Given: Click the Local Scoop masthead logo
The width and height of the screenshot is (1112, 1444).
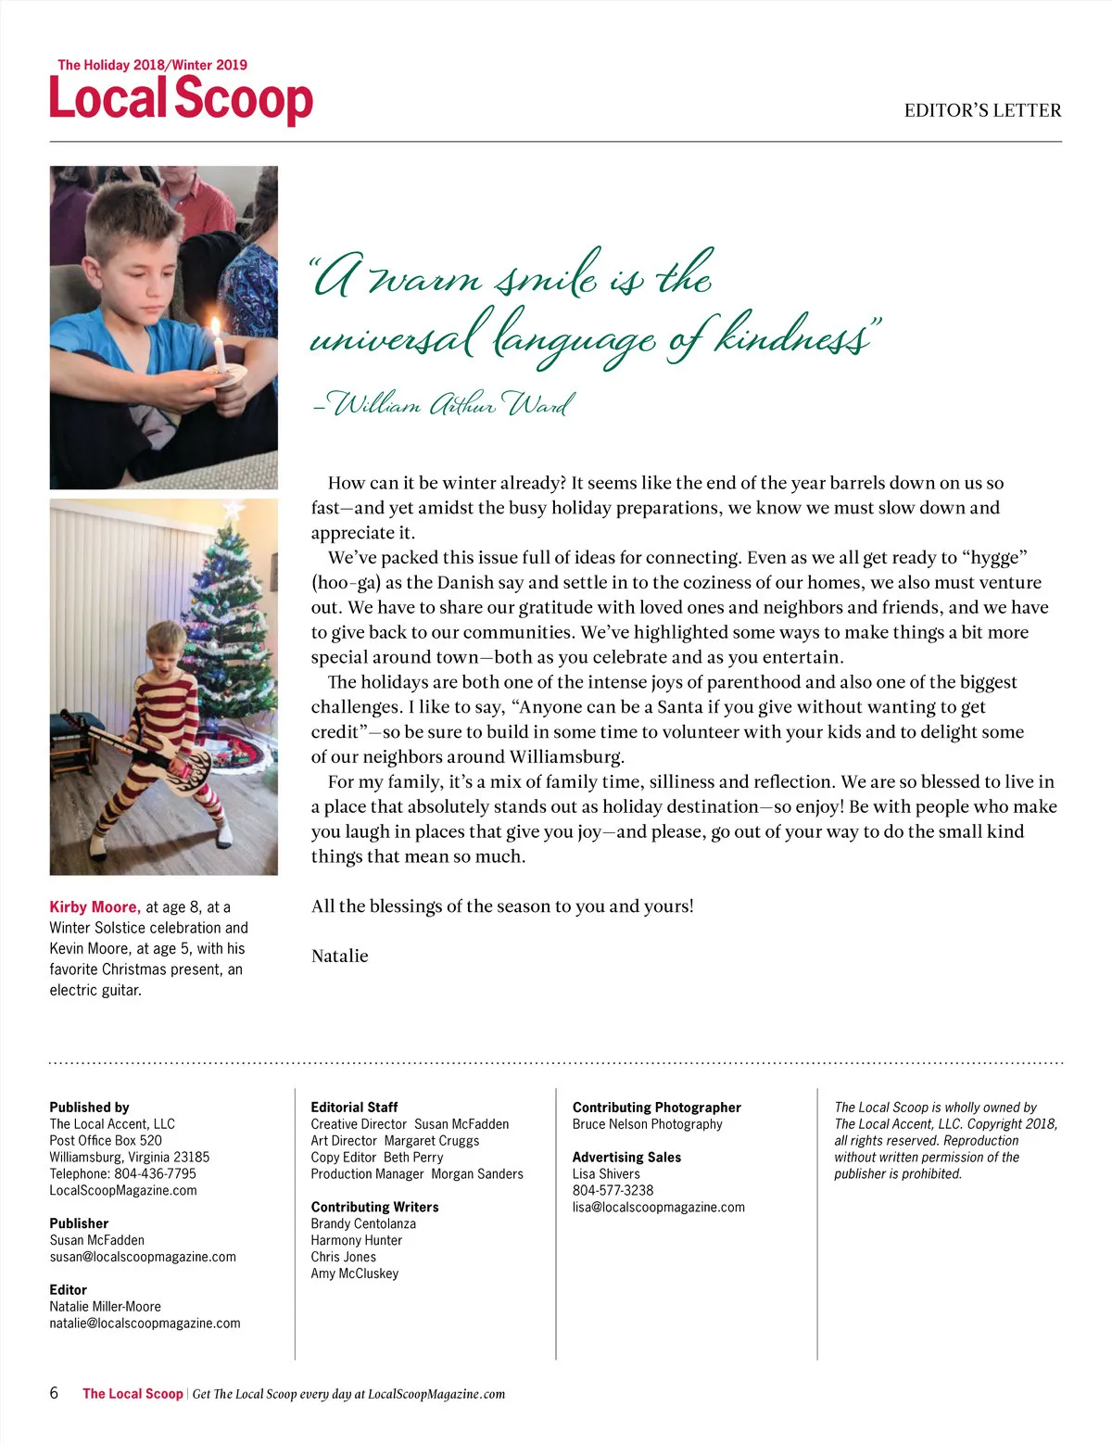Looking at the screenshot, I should (181, 98).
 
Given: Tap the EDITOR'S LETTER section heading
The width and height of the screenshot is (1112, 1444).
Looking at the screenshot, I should (982, 110).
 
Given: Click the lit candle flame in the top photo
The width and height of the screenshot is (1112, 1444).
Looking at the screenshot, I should (215, 329).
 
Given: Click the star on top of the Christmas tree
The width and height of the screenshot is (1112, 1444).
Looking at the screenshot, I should (232, 509).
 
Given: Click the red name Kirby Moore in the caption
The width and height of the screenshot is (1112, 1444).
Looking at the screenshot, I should (95, 906).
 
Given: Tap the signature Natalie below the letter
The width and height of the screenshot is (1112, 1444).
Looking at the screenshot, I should (339, 956).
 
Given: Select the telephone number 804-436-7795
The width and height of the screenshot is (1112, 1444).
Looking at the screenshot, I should (155, 1173).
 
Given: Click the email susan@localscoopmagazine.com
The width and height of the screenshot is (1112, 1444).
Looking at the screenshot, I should (143, 1257).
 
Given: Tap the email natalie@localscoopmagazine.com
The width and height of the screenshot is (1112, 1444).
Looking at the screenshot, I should (145, 1323).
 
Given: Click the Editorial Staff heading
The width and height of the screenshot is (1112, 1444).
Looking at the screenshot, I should (354, 1107).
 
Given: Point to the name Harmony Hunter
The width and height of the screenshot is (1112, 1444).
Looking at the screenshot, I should (356, 1240).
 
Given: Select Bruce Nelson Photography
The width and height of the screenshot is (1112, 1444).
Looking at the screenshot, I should (647, 1123).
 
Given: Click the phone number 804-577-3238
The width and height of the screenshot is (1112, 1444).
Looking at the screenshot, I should (613, 1190).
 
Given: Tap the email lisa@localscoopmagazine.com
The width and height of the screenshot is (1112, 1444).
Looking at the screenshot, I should (658, 1207).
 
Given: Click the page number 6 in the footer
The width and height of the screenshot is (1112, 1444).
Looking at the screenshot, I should (54, 1393).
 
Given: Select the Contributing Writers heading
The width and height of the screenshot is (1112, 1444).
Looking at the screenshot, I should (374, 1207).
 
